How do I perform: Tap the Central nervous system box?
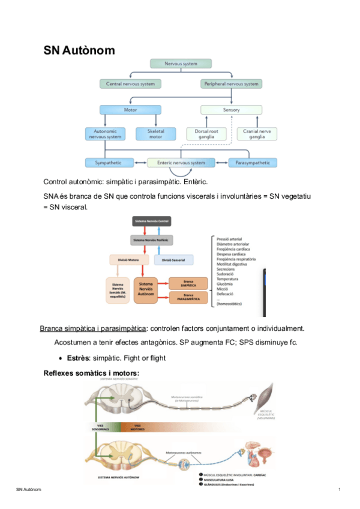pos(130,84)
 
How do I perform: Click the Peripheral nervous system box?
pos(231,84)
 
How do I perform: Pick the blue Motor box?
pos(130,110)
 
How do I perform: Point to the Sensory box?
pos(231,110)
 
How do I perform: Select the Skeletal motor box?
pos(155,134)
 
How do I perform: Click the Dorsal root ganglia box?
pos(205,134)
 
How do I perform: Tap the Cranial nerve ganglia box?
pos(257,134)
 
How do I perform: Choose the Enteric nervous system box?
pos(181,163)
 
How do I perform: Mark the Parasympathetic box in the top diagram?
pos(253,163)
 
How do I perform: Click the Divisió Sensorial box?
pos(174,260)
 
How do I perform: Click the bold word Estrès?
pos(78,358)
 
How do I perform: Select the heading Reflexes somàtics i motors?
pos(91,373)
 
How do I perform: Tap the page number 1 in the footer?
pos(340,492)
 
